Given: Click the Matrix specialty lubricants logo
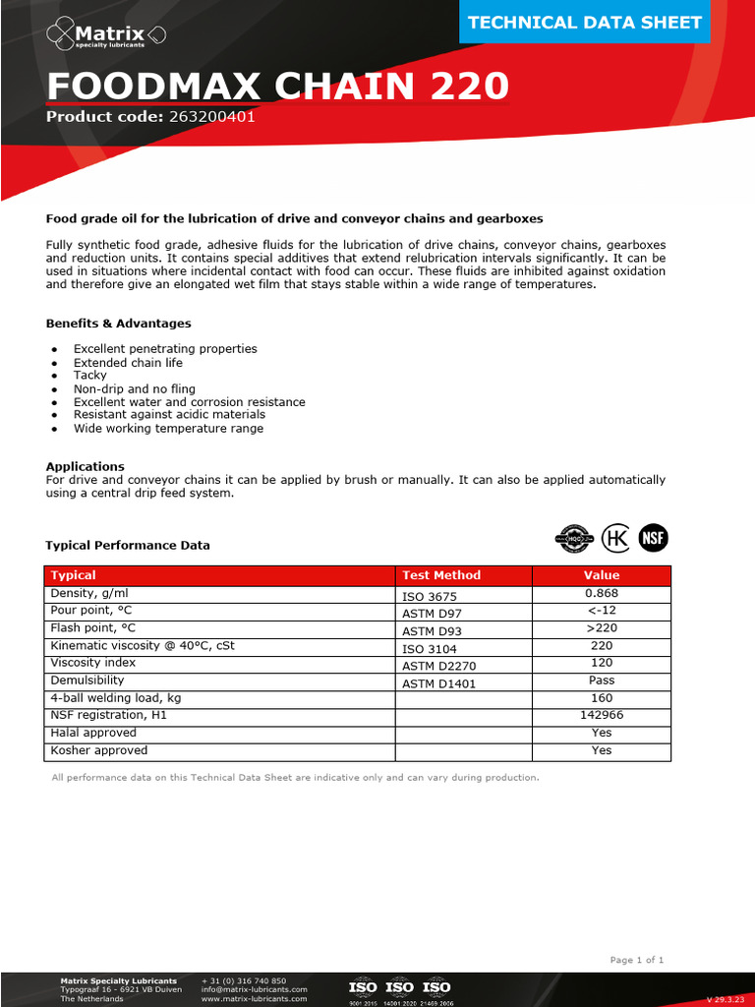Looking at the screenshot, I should click(107, 36).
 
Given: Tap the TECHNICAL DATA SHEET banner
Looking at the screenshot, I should click(584, 23).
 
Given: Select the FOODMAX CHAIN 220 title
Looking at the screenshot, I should click(278, 87).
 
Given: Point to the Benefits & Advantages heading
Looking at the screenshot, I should click(119, 324).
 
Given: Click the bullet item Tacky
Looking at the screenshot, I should click(90, 375).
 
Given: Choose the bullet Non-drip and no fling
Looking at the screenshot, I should click(135, 388).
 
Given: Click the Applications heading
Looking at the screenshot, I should click(86, 466).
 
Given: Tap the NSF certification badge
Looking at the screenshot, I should click(654, 537).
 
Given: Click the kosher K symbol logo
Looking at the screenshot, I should click(615, 537).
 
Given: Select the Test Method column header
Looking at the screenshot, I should click(441, 575).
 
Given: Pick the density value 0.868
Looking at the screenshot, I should click(602, 594).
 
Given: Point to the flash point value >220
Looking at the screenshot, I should click(602, 627).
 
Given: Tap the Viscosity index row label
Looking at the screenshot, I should click(93, 663).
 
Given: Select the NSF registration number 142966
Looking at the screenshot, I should click(602, 715).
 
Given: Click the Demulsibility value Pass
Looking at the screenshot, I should click(602, 681).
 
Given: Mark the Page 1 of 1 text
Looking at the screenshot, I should click(637, 960).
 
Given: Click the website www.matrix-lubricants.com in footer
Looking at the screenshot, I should click(254, 998).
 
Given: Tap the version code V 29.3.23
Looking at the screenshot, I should click(726, 999).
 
